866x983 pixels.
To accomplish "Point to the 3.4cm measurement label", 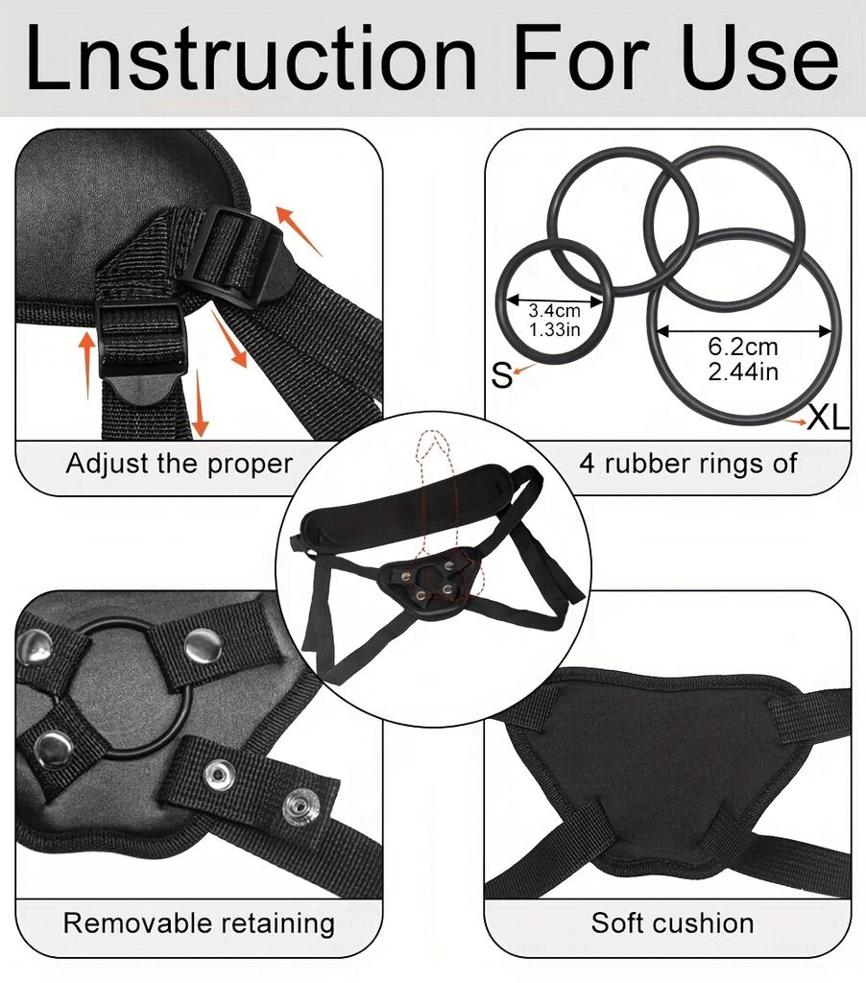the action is pyautogui.click(x=554, y=310).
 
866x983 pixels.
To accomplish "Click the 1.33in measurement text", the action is pyautogui.click(x=554, y=329).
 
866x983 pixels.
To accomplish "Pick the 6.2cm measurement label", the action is pyautogui.click(x=743, y=346).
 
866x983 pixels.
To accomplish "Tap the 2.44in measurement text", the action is pyautogui.click(x=743, y=372).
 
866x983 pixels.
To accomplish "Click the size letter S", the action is pyautogui.click(x=502, y=375).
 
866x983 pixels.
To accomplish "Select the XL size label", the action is pyautogui.click(x=828, y=417).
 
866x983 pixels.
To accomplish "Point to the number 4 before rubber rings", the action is pyautogui.click(x=587, y=465).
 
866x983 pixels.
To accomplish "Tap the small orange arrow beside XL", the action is pyautogui.click(x=795, y=422).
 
